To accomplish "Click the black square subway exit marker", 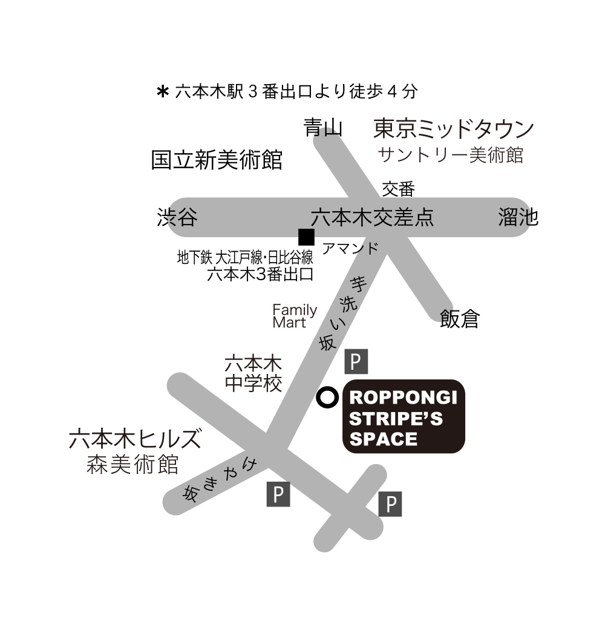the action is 306,237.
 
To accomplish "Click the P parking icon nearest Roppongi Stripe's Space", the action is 356,361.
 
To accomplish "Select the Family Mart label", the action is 295,316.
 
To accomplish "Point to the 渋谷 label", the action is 177,217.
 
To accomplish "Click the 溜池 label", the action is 518,217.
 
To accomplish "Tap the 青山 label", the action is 323,128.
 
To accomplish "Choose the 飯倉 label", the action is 460,319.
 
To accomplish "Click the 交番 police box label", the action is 398,189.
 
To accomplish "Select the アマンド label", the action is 350,248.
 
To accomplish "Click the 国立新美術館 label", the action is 217,159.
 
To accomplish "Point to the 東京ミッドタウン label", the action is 454,128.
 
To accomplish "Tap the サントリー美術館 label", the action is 450,156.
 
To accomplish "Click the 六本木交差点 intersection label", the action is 372,217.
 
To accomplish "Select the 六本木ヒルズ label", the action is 135,439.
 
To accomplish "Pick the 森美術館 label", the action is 132,465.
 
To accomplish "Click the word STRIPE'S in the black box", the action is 396,419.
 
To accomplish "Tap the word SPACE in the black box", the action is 384,439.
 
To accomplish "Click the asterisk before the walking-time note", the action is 162,92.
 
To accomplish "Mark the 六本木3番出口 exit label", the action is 260,275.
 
